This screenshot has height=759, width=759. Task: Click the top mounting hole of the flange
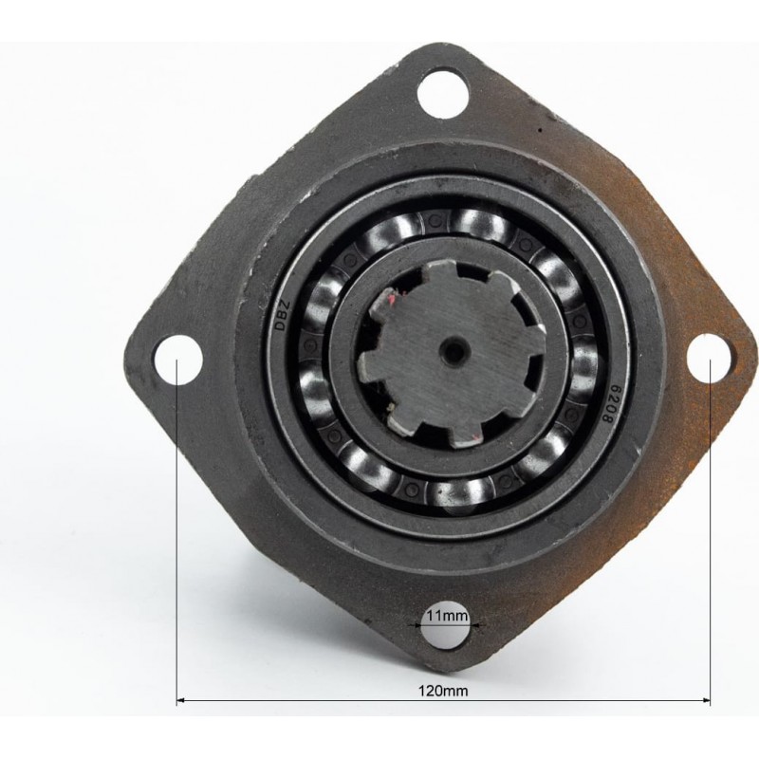click(x=443, y=92)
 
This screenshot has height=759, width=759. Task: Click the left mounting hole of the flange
click(x=177, y=360)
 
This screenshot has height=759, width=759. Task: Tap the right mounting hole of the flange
click(x=709, y=358)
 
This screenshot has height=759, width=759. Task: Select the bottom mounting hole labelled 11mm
click(x=446, y=625)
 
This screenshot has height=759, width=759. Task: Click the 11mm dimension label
click(x=447, y=616)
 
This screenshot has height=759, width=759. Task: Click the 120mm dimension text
click(x=443, y=691)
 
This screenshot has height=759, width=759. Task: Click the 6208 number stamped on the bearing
click(x=606, y=404)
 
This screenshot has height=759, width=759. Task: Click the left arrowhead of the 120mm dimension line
click(x=181, y=699)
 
